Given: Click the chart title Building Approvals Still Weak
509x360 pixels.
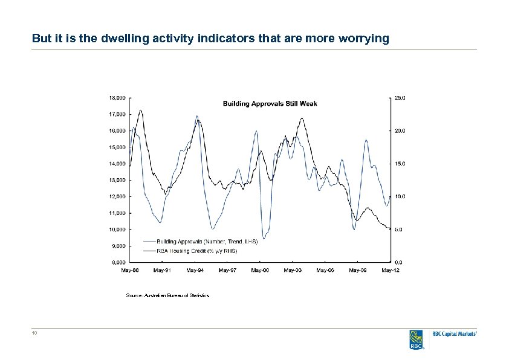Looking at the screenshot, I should tap(270, 103).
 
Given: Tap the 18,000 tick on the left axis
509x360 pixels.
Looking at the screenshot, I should tap(117, 97).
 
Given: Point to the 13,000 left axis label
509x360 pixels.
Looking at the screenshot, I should tap(117, 180).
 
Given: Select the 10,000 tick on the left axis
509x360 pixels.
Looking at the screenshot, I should tap(117, 230).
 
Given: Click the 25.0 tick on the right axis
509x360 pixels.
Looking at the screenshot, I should tap(400, 97).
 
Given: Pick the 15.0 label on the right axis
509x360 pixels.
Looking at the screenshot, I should tap(400, 163).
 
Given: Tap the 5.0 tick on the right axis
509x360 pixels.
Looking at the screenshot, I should tap(399, 230).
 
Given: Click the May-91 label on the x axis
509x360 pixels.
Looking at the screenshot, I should tap(162, 270).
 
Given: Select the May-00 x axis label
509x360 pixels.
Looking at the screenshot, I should tap(260, 270).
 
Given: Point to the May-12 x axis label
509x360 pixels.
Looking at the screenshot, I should tap(390, 270).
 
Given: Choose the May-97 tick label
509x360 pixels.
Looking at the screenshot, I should tap(227, 270).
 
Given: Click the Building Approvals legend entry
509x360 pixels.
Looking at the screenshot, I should tap(207, 241).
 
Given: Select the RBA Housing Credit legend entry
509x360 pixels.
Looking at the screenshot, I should tap(198, 249).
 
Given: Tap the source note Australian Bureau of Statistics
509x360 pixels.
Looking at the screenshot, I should tap(167, 295).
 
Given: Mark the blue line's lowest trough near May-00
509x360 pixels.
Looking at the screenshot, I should tap(264, 238).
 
